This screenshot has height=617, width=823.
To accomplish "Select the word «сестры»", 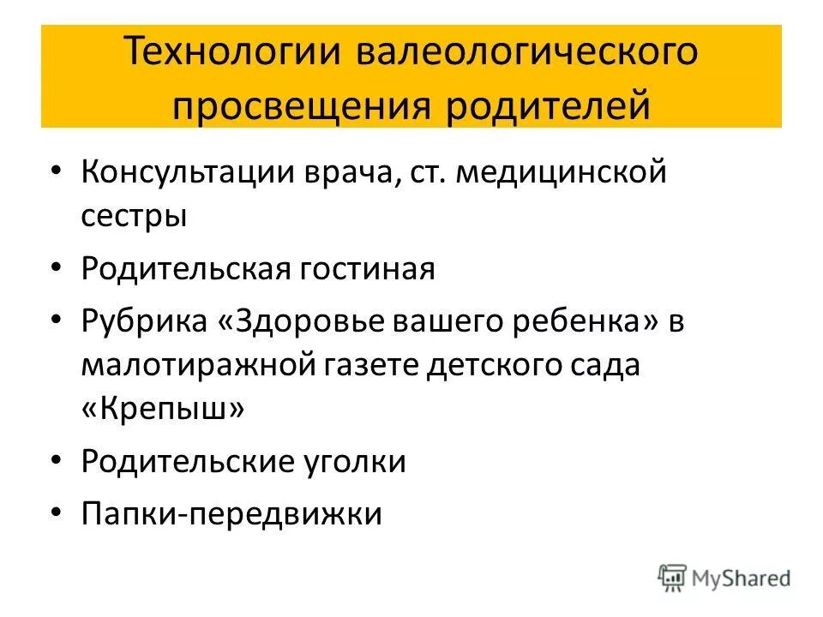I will click(x=135, y=214).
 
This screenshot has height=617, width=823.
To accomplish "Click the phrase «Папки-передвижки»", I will click(x=231, y=513).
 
